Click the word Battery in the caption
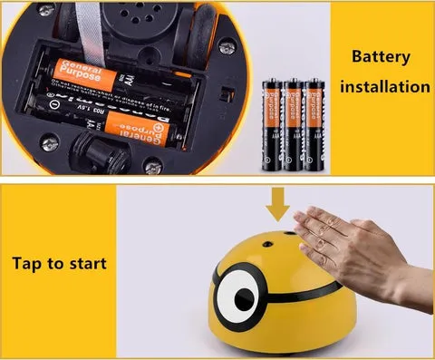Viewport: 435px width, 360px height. [380, 57]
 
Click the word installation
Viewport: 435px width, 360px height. [380, 88]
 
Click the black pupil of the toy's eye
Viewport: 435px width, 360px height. [243, 297]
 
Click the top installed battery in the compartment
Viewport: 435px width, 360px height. [113, 73]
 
